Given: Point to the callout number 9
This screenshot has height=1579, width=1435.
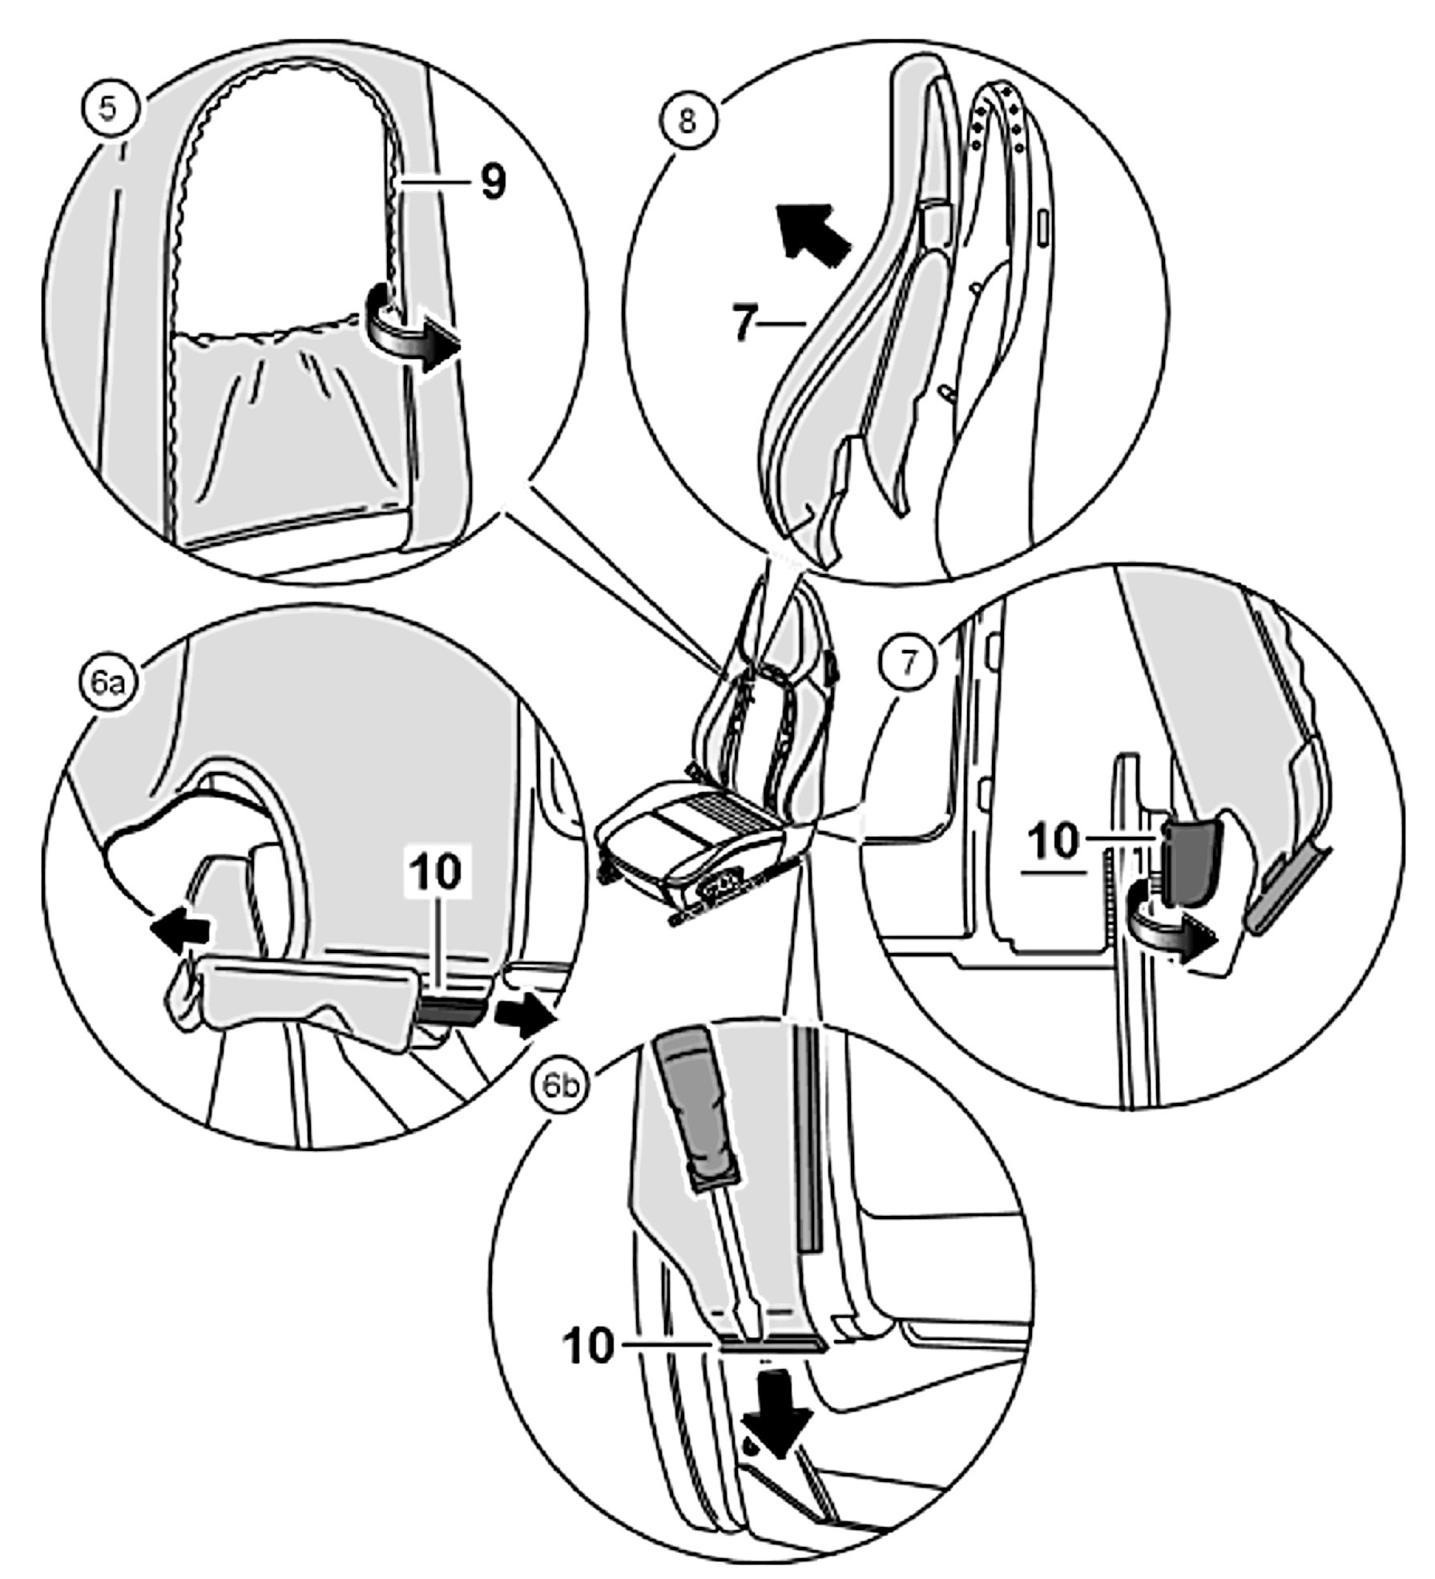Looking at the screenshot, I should (x=493, y=184).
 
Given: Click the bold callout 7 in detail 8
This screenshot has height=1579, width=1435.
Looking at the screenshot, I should (x=746, y=323).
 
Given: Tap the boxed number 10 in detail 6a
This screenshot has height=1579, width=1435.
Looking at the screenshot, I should (x=437, y=873).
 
